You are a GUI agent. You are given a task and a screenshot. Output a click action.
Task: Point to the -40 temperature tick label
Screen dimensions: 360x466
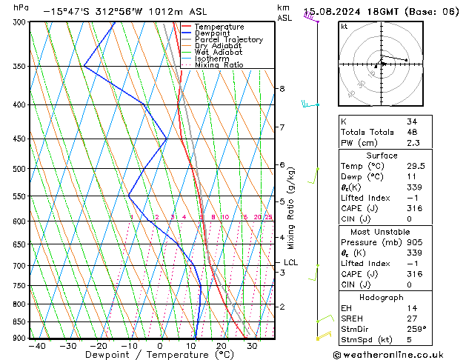click(x=36, y=346)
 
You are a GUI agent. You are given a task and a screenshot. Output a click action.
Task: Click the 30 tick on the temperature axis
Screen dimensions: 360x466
click(x=252, y=346)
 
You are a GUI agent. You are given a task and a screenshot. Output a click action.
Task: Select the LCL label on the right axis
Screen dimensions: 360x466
click(x=291, y=262)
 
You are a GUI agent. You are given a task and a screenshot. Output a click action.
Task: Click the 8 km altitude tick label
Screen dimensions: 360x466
click(x=282, y=89)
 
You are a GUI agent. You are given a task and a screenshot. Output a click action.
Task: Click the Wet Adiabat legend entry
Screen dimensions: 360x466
click(x=218, y=53)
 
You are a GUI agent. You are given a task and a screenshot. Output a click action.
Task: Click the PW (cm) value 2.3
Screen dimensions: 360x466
click(x=413, y=143)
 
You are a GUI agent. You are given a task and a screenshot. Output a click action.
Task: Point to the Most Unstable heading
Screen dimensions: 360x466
click(x=382, y=232)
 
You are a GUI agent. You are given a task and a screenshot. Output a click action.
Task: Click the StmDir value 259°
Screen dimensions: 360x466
click(x=416, y=329)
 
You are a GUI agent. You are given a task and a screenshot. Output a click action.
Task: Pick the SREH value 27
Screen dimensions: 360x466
click(x=411, y=318)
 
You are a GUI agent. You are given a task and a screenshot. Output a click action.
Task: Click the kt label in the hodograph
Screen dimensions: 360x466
click(x=344, y=27)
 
